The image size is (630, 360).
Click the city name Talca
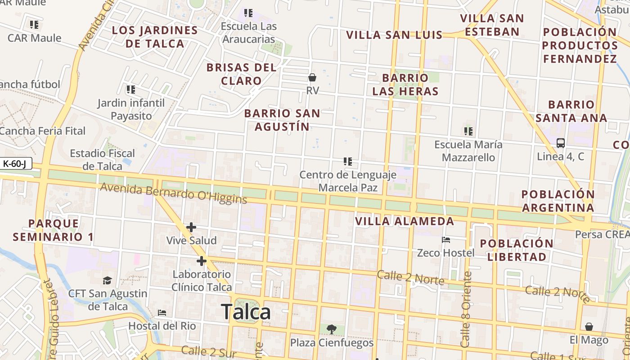[x=246, y=312]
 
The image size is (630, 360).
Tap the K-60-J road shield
[x=15, y=163]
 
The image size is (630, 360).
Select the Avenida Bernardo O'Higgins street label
[x=173, y=193]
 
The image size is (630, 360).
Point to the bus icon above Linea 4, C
[x=561, y=143]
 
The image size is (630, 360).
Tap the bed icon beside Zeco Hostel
[x=446, y=239]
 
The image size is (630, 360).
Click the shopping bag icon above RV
[x=312, y=77]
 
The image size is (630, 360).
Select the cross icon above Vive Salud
[x=191, y=227]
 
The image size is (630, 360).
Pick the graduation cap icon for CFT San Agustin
[x=107, y=280]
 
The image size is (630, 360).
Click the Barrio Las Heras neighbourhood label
[x=405, y=85]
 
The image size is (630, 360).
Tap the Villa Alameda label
[x=405, y=221]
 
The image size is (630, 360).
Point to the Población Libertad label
[x=517, y=250]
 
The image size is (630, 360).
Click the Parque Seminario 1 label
[x=53, y=230]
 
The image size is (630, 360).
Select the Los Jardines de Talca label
[x=155, y=37]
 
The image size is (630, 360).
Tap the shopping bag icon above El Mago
[x=589, y=327]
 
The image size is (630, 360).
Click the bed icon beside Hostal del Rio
[x=162, y=312]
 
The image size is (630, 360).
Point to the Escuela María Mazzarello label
[x=468, y=151]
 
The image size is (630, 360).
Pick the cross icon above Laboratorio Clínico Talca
[x=201, y=261]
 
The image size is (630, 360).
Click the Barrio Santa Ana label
[x=571, y=111]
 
